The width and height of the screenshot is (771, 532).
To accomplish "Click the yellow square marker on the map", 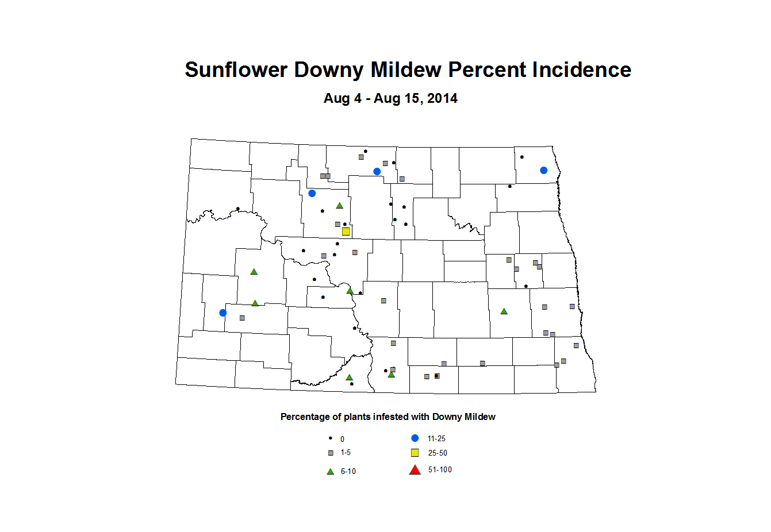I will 346,232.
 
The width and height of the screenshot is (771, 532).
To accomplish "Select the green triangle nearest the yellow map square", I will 339,206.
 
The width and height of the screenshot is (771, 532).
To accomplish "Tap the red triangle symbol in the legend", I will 415,470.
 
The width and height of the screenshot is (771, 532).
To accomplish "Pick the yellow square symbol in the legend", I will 415,453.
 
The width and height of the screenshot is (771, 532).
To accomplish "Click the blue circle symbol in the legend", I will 415,438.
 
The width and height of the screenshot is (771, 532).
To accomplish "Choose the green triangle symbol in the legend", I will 331,472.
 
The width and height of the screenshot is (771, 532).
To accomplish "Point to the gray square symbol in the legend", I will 331,453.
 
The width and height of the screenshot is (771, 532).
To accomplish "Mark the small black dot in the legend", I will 331,438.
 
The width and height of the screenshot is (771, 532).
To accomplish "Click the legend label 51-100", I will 440,470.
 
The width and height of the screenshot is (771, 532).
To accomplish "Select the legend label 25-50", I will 438,453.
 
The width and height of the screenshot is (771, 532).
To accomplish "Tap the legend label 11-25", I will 436,439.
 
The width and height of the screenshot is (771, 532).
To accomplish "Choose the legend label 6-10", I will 348,472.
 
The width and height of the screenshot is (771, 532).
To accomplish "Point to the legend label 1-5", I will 346,453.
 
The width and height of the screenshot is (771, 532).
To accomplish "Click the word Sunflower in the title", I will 236,70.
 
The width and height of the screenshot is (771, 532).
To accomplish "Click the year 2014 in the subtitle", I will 442,99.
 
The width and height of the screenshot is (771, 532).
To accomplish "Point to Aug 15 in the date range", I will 396,99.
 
